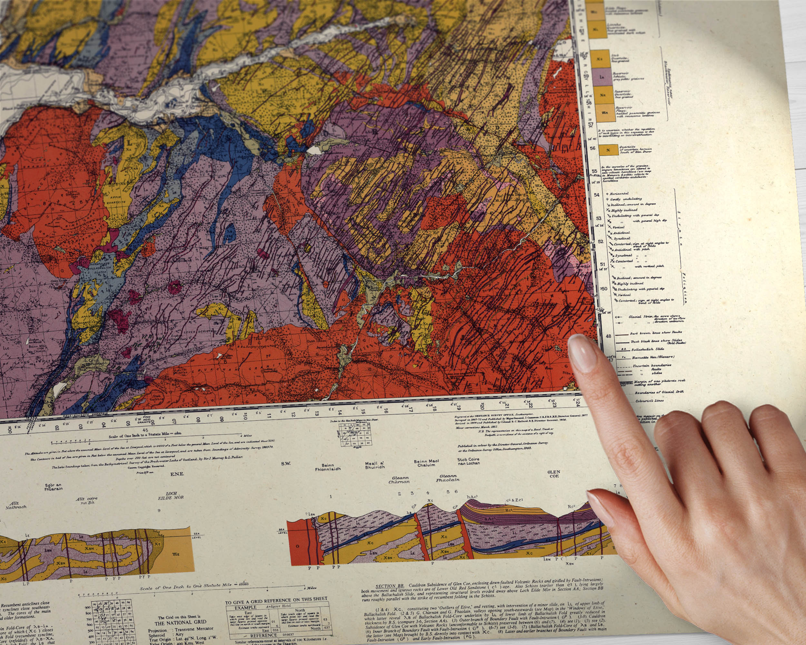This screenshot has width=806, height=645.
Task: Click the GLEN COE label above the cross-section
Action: coord(554,474)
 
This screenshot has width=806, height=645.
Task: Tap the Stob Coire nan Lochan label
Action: coord(468,461)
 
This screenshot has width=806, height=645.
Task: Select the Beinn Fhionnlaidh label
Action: coord(328,467)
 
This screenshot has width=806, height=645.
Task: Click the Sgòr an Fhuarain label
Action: coord(53,487)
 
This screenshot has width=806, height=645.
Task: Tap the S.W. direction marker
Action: coord(286,464)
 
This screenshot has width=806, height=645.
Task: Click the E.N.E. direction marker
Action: coord(177,474)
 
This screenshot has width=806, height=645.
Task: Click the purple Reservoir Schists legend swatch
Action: coord(602,77)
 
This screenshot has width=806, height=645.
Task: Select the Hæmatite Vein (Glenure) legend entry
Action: coord(652,357)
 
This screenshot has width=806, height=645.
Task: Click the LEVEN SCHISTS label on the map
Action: coord(201,331)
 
